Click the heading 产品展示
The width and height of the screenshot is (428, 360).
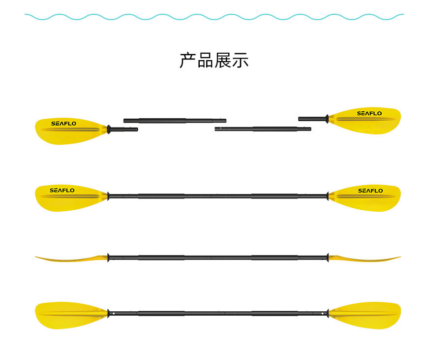[x=214, y=60]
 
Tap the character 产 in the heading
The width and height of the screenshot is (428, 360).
[x=188, y=60]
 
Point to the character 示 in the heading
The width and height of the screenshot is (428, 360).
[x=241, y=60]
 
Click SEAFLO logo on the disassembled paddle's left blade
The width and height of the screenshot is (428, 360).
[x=63, y=124]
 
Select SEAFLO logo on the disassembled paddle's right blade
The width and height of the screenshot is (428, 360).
[x=369, y=113]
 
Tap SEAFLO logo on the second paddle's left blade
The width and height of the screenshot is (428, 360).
[x=62, y=190]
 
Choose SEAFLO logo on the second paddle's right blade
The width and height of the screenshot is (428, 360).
[x=370, y=191]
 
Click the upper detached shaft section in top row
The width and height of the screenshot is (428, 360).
[x=175, y=120]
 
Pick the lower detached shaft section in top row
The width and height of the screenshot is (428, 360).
[x=263, y=129]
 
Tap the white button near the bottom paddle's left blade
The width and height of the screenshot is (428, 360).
[x=114, y=313]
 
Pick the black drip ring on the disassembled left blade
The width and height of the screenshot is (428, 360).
[x=109, y=130]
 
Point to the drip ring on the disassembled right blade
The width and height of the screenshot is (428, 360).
[x=327, y=119]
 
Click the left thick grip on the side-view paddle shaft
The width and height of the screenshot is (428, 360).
[x=161, y=258]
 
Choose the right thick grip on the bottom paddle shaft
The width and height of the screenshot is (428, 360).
[x=275, y=313]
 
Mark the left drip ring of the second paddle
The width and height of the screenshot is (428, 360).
[x=108, y=196]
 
